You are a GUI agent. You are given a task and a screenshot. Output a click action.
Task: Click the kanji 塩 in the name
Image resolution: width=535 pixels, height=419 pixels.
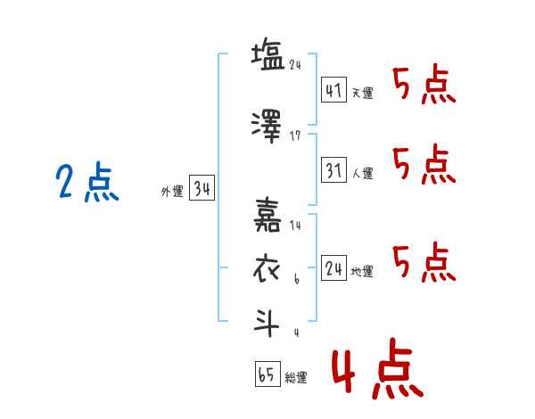[x=268, y=54]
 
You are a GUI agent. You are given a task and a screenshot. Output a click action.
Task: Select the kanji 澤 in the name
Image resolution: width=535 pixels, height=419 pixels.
[x=267, y=127]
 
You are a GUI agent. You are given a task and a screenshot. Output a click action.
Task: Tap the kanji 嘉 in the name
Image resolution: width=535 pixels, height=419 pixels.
[x=267, y=215]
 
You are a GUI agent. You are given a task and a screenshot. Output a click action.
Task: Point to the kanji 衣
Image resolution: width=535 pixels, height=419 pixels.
[x=266, y=269]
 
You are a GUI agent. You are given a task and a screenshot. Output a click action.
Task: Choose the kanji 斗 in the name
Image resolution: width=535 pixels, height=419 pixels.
[x=266, y=323]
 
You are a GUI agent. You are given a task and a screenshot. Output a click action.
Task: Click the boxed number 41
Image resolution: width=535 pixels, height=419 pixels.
[x=333, y=90]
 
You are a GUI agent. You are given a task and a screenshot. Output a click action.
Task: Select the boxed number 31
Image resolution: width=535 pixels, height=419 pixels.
[x=333, y=170]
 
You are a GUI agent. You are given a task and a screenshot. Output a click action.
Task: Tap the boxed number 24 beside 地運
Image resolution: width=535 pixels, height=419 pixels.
[x=333, y=268]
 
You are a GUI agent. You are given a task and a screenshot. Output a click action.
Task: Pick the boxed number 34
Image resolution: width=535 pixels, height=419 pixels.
[x=202, y=188]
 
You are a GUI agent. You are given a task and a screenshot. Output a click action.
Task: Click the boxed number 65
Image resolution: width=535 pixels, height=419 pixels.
[x=267, y=374]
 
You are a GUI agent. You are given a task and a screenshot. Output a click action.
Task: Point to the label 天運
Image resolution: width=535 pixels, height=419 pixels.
[x=363, y=93]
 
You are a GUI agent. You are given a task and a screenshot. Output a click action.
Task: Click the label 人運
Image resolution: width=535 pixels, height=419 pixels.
[x=363, y=173]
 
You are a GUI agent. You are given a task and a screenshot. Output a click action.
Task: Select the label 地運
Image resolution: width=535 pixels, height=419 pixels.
[x=362, y=271]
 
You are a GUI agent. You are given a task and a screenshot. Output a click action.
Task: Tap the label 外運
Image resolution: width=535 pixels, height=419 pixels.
[x=172, y=192]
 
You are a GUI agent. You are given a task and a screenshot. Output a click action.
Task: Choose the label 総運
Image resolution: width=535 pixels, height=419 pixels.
[x=296, y=377]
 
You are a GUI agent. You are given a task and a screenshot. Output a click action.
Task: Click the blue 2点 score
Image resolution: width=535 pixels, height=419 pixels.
[x=87, y=182]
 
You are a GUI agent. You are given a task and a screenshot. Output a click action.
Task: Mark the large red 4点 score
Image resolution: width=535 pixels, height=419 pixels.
[x=378, y=368]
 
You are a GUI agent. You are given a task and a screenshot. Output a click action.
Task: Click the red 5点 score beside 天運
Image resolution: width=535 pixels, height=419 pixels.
[x=424, y=84]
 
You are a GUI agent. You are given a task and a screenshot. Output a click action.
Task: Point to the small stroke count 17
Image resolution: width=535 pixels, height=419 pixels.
[x=295, y=136]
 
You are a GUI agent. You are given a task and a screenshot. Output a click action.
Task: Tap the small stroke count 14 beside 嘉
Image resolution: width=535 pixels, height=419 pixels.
[x=295, y=225]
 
